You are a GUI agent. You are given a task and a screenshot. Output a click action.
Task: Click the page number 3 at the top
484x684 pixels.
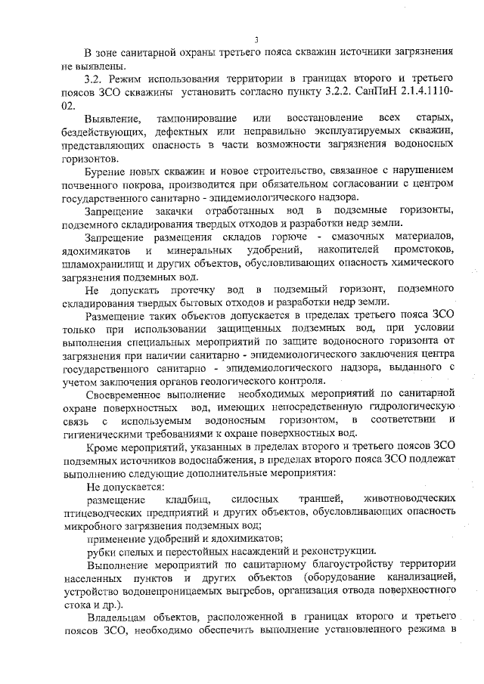[x=256, y=39]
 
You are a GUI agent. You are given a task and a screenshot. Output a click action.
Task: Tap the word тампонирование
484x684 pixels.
[x=192, y=121]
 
